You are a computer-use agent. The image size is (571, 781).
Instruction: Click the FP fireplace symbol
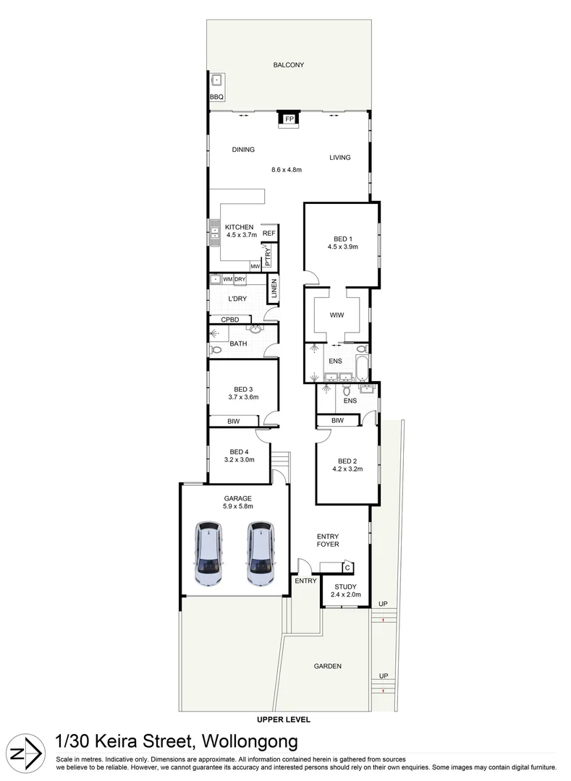click(289, 119)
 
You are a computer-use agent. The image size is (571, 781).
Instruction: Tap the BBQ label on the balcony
click(216, 96)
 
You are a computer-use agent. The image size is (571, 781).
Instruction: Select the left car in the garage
click(208, 554)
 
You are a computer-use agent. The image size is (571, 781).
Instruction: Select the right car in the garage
click(261, 554)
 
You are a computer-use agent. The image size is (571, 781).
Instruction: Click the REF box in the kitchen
click(269, 233)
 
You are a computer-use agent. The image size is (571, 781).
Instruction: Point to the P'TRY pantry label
click(268, 257)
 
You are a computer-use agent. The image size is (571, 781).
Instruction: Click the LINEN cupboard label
click(274, 291)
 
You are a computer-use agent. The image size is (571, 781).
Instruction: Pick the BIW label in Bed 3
click(233, 420)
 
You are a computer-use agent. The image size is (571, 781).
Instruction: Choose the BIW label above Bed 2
click(338, 420)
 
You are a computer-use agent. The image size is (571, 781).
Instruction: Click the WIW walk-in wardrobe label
click(337, 315)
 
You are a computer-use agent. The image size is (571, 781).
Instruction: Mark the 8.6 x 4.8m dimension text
click(286, 170)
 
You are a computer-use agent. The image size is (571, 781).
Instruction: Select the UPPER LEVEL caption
click(284, 720)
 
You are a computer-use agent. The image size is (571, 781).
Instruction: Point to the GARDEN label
click(327, 666)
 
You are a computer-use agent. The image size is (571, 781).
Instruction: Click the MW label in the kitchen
click(255, 266)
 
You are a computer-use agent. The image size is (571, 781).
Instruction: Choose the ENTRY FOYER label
click(328, 540)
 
